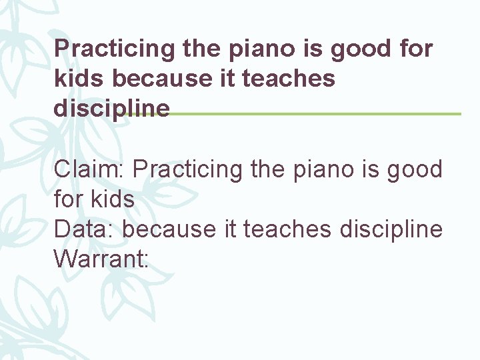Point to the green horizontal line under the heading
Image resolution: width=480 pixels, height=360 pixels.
(x=313, y=114)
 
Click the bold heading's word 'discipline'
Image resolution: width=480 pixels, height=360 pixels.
(x=111, y=108)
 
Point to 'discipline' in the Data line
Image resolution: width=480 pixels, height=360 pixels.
(x=391, y=229)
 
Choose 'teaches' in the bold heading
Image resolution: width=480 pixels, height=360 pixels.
(x=289, y=79)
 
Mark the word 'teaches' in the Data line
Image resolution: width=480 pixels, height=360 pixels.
(x=287, y=229)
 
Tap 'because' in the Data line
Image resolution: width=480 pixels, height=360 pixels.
(x=169, y=229)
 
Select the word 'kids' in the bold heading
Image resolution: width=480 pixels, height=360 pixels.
(x=79, y=79)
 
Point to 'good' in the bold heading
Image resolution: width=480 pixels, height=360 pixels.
(x=361, y=49)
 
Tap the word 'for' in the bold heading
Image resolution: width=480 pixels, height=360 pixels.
(x=415, y=49)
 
